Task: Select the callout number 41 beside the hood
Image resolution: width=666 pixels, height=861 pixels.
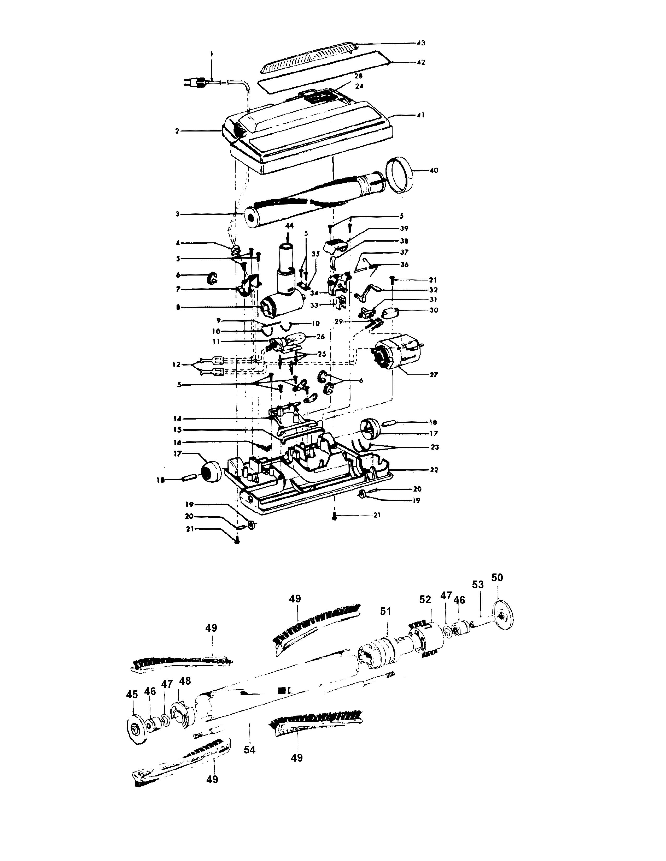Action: click(420, 115)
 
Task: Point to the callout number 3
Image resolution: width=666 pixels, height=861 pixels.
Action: click(178, 214)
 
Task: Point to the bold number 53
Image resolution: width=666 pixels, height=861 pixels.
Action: click(478, 596)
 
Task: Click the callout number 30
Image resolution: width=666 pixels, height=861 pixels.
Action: click(434, 310)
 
